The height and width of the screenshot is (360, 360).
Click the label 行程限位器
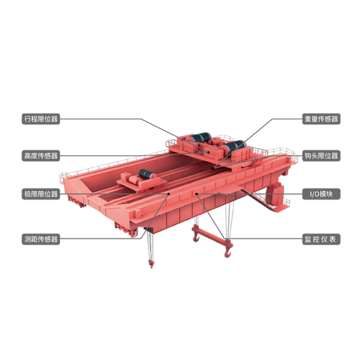pos(41,119)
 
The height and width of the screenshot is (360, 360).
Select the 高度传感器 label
pos(41,156)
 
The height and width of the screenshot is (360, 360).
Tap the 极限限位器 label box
pos(41,194)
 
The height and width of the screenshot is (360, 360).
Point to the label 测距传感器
pos(41,239)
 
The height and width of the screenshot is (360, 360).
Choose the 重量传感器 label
pos(321,119)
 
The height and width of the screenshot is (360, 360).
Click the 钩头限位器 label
pos(321,156)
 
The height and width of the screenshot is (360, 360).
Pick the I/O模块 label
pos(321,194)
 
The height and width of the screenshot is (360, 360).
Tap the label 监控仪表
pos(321,239)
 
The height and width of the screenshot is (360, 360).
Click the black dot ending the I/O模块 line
pos(196,194)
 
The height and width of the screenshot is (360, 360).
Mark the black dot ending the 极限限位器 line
pos(169,194)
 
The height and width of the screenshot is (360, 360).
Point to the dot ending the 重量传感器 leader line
pos(213,168)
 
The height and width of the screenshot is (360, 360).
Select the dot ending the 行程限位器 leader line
pos(209,152)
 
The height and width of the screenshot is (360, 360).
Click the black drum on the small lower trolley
pos(147,174)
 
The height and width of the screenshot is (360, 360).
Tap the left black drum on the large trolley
pos(200,138)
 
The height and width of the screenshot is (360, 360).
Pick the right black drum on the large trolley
pos(235,146)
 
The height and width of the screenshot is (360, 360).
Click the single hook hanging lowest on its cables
pos(151,264)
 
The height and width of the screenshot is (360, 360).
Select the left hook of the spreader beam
pos(196,237)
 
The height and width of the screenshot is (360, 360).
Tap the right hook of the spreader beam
pos(227,251)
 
